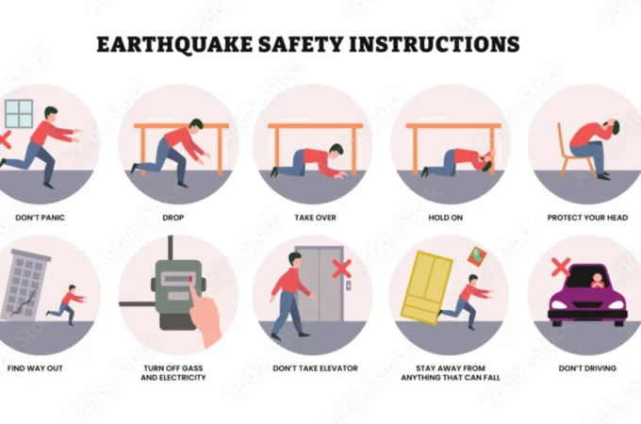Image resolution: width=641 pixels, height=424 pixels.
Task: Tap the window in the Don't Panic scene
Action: point(19,114)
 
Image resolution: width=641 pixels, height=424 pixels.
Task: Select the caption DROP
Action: point(173,218)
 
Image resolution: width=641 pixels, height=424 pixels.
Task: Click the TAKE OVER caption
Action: point(315,218)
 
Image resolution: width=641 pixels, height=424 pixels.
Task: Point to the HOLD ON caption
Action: point(446,218)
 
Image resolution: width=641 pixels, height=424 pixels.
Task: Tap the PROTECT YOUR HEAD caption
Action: point(587,218)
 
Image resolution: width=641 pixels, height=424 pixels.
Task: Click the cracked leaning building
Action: point(25,285)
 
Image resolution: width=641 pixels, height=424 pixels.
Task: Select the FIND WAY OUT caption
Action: point(35,368)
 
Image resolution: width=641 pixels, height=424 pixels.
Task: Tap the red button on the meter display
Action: point(190,279)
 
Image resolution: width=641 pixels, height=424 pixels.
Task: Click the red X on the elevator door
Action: point(342,269)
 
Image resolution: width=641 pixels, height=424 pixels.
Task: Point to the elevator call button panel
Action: point(348,285)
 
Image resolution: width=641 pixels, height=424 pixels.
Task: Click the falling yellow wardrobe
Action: point(427,287)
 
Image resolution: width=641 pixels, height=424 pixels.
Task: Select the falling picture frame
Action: point(477,257)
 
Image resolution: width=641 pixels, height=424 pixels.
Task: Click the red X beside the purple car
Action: point(561,268)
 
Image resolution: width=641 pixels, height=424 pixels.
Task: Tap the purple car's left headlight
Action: point(558,305)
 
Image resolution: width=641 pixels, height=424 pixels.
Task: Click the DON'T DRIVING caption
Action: point(587,368)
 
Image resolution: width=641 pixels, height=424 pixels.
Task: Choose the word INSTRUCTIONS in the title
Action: point(435,44)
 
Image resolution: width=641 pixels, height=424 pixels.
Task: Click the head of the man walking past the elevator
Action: point(295,259)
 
